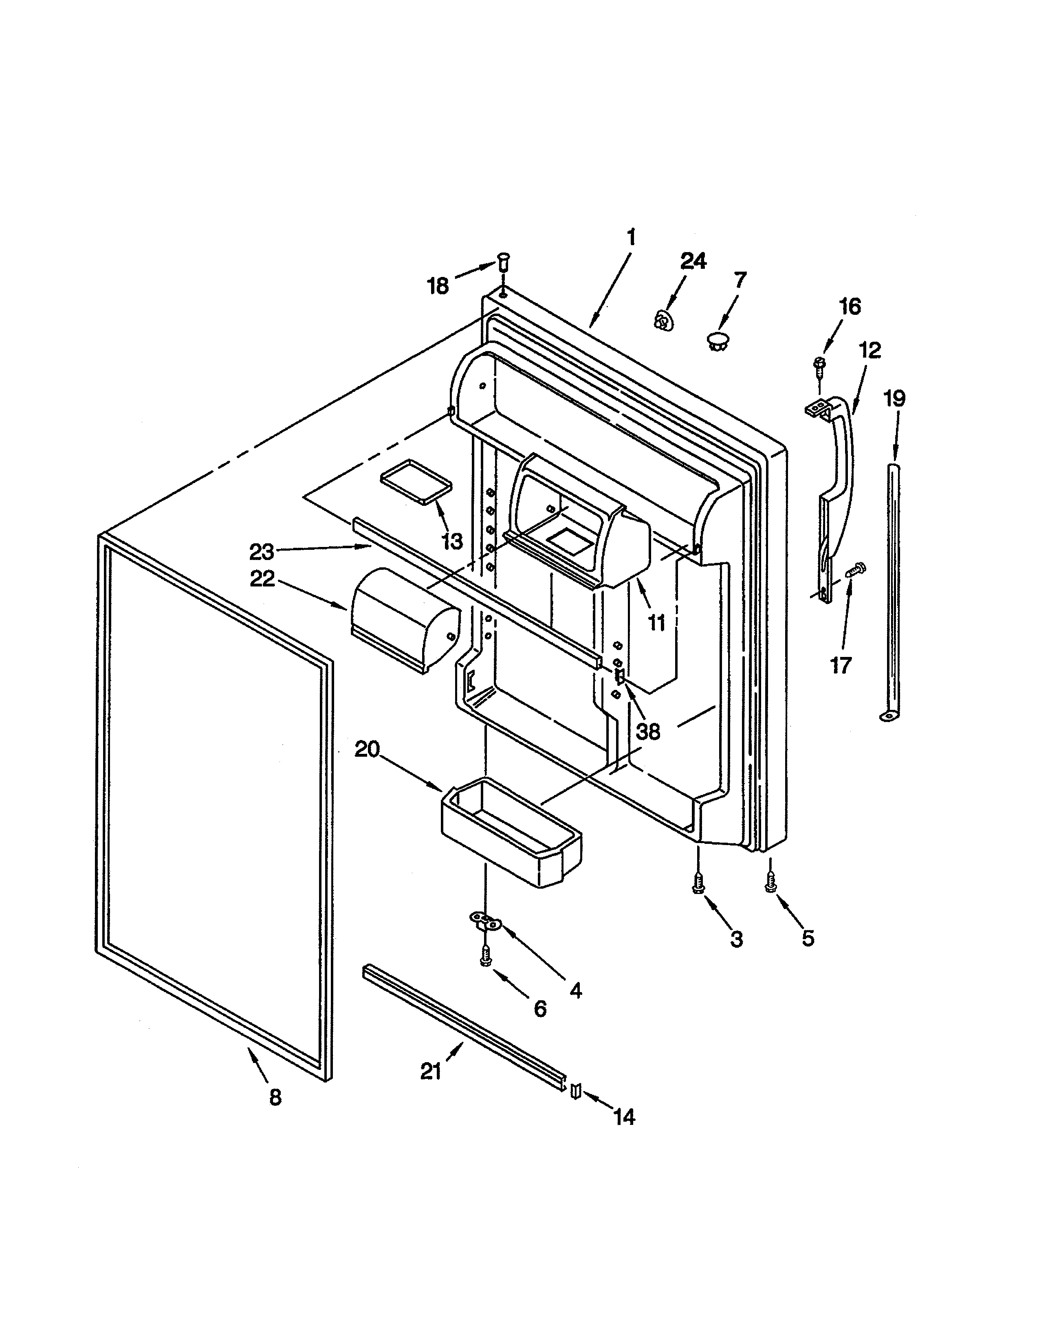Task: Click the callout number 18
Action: tap(438, 286)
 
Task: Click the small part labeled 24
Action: tap(662, 321)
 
